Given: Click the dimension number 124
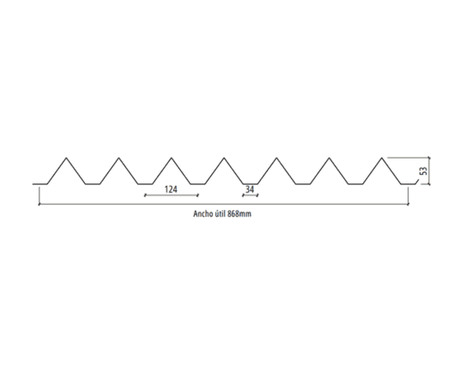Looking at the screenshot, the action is pos(171,189).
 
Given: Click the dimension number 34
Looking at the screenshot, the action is pos(250,189).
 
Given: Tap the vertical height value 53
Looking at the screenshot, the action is pos(423,171).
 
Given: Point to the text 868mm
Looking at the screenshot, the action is pos(239,214).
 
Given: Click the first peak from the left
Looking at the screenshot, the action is pos(67,158).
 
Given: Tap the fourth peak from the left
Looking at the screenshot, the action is pos(224,158).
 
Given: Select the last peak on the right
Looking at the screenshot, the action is pos(382,158).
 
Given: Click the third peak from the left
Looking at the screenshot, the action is pos(172,158).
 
